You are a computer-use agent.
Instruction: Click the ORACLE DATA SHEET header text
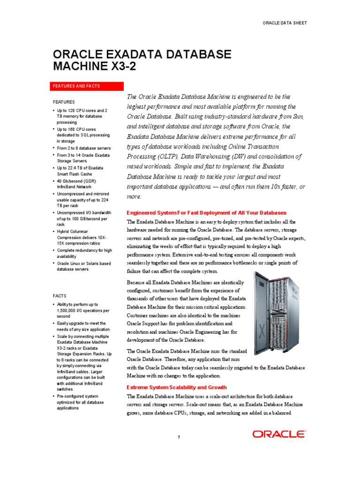tap(285, 22)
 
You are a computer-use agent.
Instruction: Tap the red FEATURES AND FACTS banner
tap(88, 86)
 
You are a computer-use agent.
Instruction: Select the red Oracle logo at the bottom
tap(279, 434)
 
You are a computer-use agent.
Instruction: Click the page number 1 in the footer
tap(179, 437)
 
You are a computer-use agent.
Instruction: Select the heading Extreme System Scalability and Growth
tap(177, 387)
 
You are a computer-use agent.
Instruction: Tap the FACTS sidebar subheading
tap(60, 296)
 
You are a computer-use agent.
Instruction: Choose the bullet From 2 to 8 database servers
tap(83, 148)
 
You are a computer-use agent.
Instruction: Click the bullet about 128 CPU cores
tap(82, 116)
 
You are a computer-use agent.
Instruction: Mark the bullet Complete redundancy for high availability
tap(84, 254)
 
